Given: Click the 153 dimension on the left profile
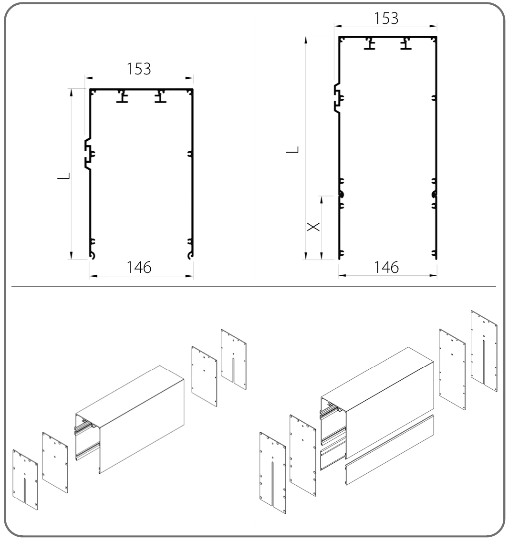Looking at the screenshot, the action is [139, 69].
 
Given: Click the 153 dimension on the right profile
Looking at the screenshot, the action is [386, 18].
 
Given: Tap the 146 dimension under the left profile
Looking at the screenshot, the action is [139, 267].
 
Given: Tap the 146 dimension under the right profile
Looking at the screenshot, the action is [386, 267].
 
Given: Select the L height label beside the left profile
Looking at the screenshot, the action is [63, 176].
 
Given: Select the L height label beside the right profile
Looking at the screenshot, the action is [292, 150].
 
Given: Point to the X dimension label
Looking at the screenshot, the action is [313, 227].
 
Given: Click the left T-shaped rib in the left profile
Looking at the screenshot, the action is [122, 97].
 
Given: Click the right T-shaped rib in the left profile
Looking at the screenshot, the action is [160, 97].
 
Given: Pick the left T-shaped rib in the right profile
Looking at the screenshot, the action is [370, 44].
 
